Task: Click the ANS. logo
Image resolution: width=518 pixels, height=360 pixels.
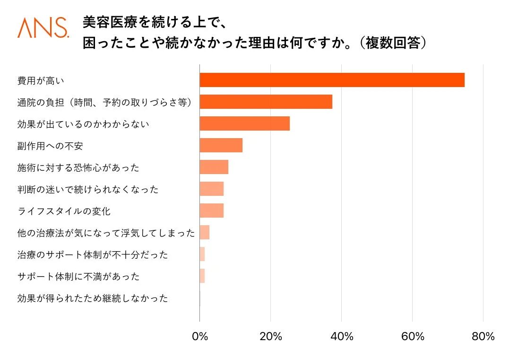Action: click(x=43, y=28)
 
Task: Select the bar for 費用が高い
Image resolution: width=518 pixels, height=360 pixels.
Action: click(x=332, y=80)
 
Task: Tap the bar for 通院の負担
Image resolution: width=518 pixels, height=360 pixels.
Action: click(x=266, y=102)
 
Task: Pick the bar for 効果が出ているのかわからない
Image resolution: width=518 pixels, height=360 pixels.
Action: click(x=244, y=123)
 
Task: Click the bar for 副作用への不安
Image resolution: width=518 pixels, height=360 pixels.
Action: click(x=221, y=145)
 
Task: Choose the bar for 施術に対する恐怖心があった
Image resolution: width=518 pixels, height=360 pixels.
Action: click(x=214, y=167)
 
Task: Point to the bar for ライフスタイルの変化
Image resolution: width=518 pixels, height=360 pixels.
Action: click(x=211, y=211)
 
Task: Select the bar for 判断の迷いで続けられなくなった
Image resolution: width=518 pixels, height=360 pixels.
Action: click(x=211, y=189)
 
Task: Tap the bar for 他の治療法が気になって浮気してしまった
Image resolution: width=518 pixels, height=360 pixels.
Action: click(x=204, y=232)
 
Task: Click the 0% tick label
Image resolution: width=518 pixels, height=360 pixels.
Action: click(x=200, y=337)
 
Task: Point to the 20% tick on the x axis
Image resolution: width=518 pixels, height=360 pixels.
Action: click(x=271, y=337)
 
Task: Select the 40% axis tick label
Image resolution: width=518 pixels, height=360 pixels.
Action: click(x=342, y=337)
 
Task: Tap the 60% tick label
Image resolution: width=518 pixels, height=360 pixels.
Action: click(x=413, y=337)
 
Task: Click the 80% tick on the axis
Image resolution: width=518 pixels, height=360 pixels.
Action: click(x=483, y=337)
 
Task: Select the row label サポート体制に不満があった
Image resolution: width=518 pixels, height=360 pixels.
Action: click(x=78, y=276)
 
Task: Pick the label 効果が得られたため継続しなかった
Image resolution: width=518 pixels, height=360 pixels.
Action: click(x=93, y=298)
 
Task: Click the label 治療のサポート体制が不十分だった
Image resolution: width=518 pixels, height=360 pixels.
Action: click(x=93, y=255)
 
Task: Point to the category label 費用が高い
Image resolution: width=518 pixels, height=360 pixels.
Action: click(x=41, y=80)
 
